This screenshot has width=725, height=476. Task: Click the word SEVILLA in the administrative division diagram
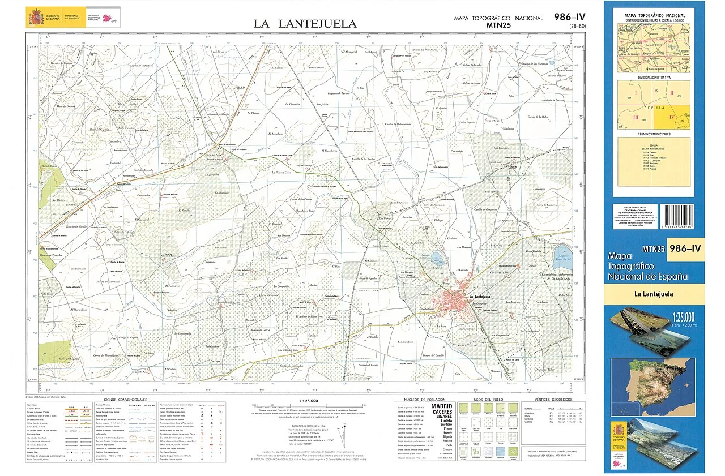pos(654,107)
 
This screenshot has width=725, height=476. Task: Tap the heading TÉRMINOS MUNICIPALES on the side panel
pos(654,134)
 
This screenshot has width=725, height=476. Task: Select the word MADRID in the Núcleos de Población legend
pos(441,406)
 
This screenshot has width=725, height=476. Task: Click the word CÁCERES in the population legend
pos(442,412)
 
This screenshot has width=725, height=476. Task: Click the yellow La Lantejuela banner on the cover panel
pos(654,294)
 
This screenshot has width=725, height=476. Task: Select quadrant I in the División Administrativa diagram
pos(636,93)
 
